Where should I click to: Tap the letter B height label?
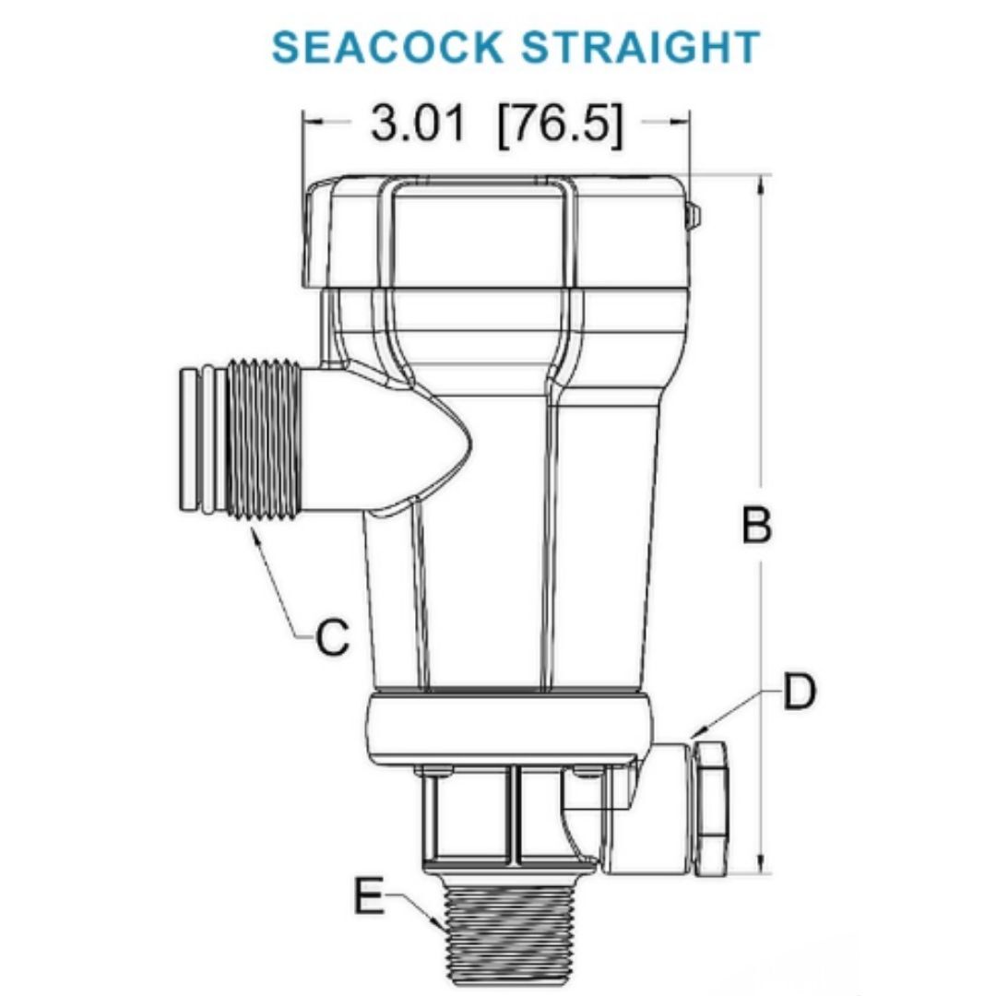pyautogui.click(x=757, y=527)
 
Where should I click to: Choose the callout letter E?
pyautogui.click(x=369, y=896)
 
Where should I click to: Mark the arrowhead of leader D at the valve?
pyautogui.click(x=693, y=736)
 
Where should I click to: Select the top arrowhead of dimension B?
pyautogui.click(x=760, y=183)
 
